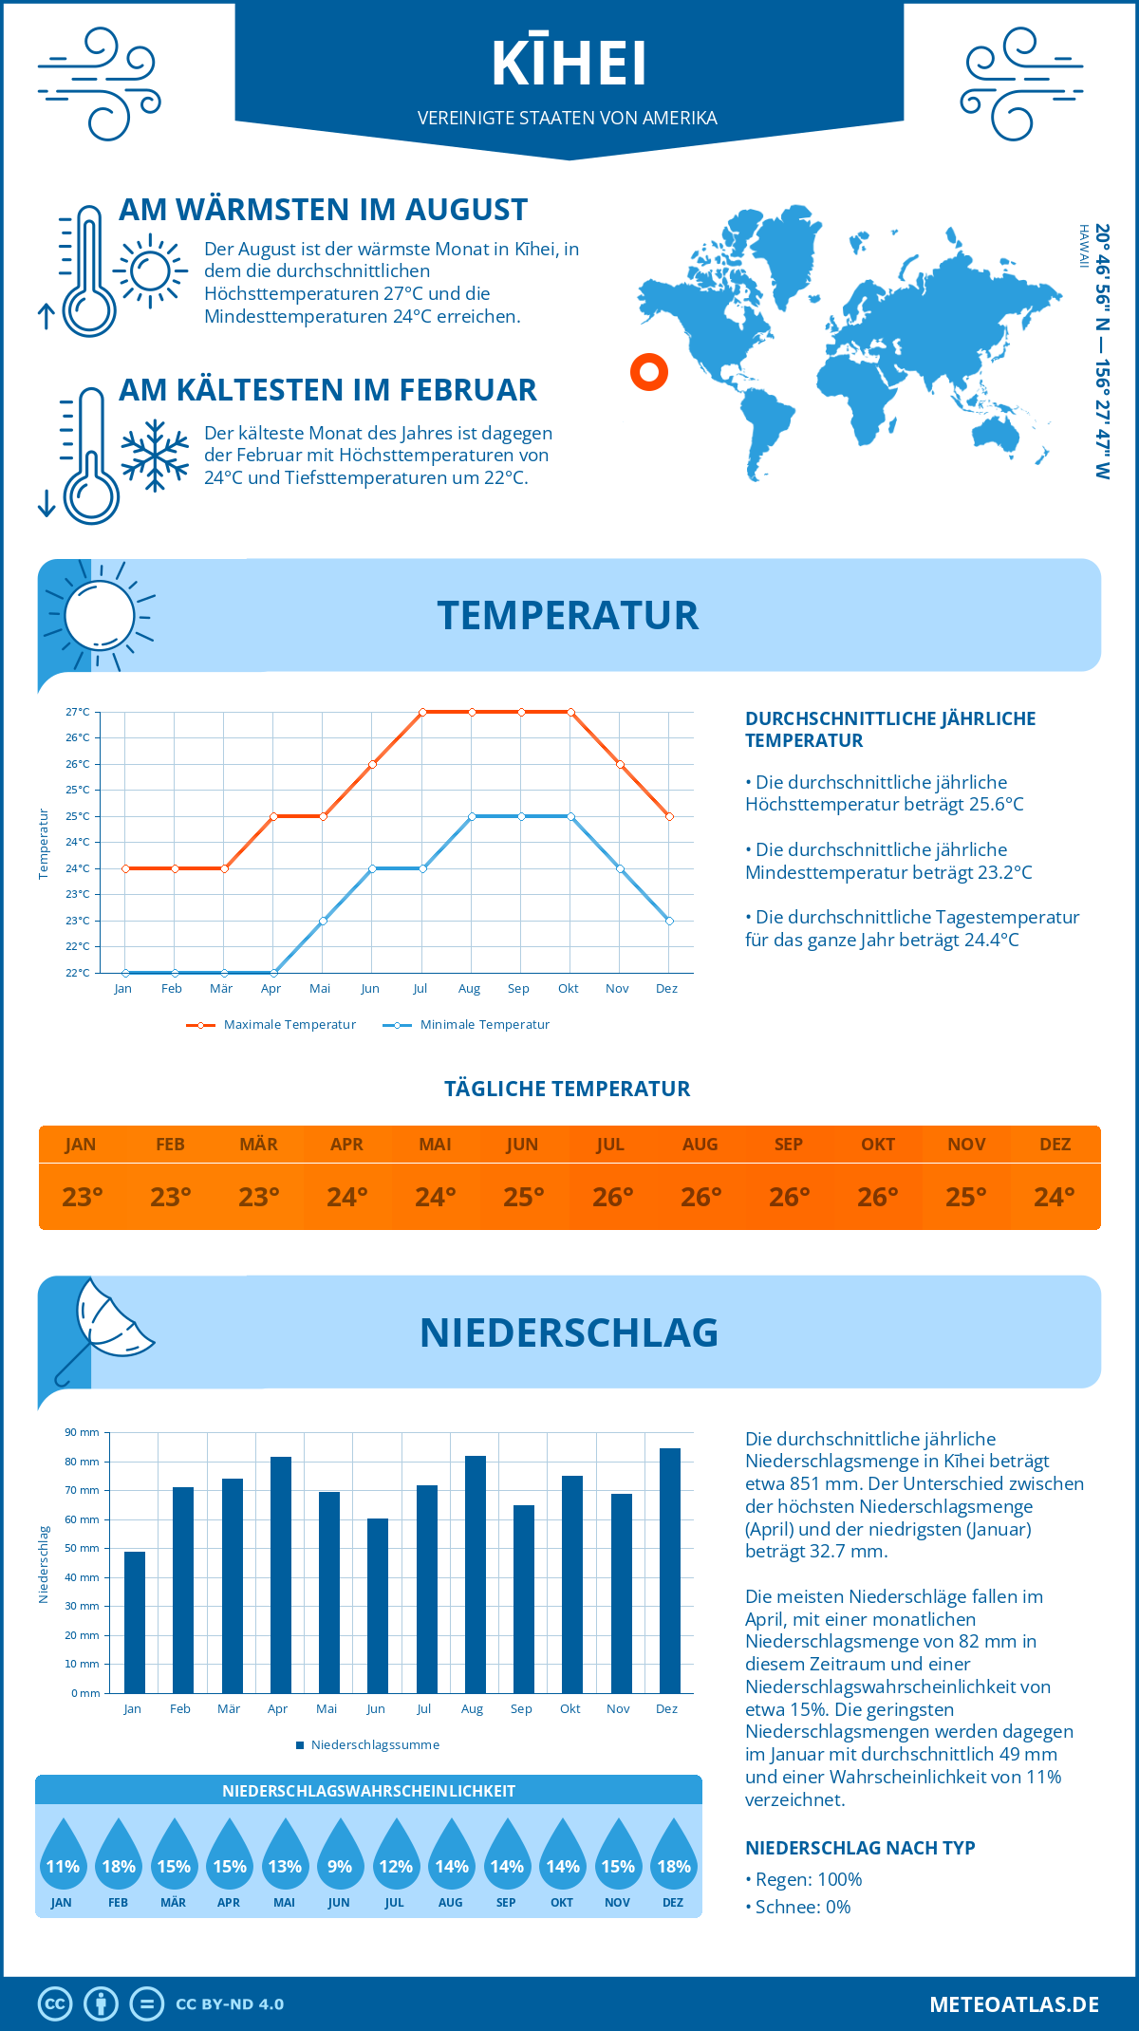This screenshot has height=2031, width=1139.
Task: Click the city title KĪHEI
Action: point(569,65)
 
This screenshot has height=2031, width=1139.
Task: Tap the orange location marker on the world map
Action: point(649,372)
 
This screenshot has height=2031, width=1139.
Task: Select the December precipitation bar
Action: point(670,1571)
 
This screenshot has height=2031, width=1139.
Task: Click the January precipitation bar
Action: point(135,1622)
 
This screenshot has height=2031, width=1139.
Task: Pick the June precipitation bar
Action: point(378,1606)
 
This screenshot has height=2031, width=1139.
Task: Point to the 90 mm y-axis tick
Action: point(83,1432)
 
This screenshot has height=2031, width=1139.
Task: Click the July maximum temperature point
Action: point(422,712)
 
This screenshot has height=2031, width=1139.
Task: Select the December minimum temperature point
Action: point(669,921)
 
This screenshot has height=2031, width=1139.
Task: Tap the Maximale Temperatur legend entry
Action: point(271,1025)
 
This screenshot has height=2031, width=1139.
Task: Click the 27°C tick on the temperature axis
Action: point(78,712)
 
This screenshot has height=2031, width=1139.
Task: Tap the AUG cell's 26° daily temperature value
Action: point(700,1197)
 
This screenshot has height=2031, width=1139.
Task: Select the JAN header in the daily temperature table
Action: point(81,1145)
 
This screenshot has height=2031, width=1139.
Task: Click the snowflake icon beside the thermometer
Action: point(155,456)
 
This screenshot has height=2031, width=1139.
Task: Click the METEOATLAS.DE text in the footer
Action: point(1014,2004)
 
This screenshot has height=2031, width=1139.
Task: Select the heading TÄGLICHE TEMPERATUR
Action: point(568,1089)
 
